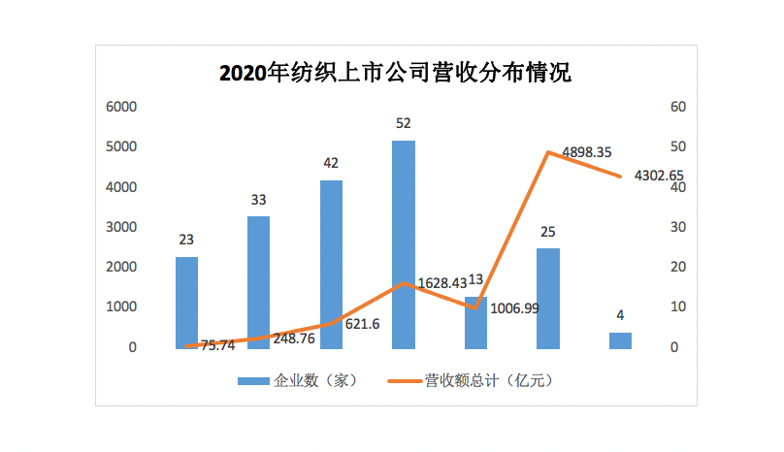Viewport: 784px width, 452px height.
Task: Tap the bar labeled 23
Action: coord(186,302)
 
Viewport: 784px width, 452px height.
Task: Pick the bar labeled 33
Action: coord(259,281)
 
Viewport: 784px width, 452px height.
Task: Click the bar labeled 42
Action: coord(331,264)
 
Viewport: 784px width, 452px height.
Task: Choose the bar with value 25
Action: coord(548,298)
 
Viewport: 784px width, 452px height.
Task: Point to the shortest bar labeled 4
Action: coord(620,339)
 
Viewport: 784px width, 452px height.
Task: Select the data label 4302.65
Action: coord(659,177)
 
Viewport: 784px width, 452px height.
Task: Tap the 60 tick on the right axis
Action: coord(679,107)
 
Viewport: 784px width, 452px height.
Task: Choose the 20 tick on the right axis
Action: coord(679,267)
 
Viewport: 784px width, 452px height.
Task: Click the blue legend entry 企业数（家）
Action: coord(298,380)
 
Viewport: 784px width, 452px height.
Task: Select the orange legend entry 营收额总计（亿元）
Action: coord(474,380)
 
